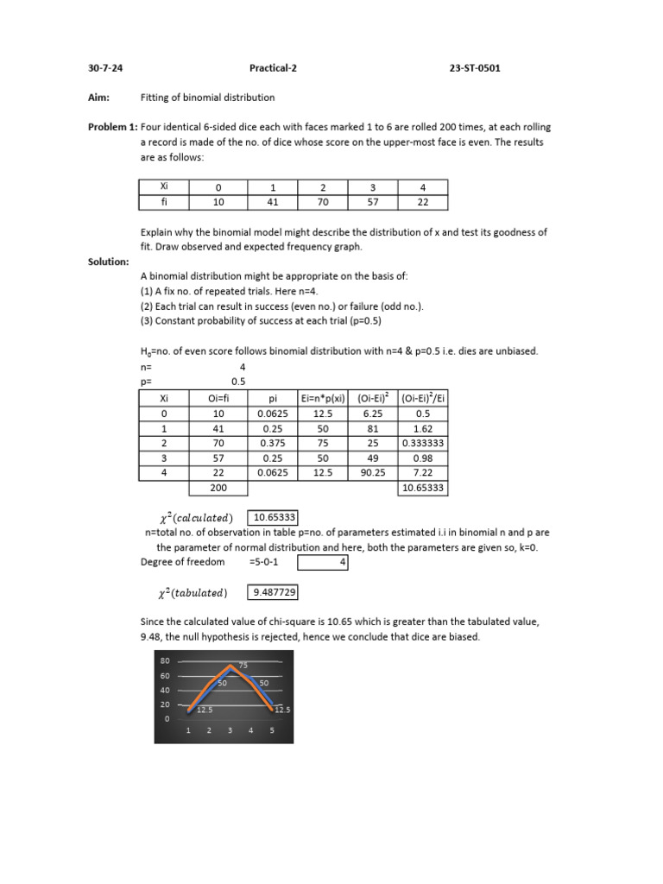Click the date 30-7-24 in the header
point(105,68)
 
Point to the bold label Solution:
point(109,261)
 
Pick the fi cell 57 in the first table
point(372,203)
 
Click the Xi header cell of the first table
point(164,186)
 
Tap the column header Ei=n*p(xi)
point(322,397)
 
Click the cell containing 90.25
point(373,473)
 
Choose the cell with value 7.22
point(423,473)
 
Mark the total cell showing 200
point(218,489)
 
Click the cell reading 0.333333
point(423,443)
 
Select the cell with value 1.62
point(423,428)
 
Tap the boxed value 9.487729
point(275,592)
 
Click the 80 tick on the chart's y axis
point(164,661)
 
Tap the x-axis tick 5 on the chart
point(272,731)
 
